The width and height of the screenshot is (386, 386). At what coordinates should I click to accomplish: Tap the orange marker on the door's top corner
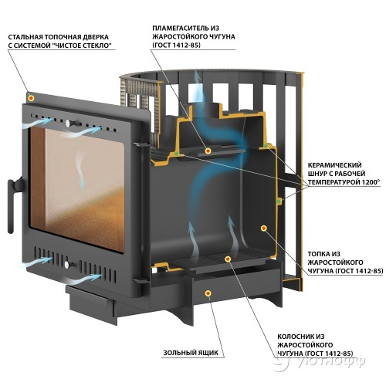click(32, 98)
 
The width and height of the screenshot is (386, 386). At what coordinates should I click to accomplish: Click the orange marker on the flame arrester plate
click(208, 151)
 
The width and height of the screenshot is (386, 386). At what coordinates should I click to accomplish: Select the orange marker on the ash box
click(208, 293)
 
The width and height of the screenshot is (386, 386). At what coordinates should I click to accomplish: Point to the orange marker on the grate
click(228, 259)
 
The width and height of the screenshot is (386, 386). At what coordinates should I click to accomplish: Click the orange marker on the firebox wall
click(264, 229)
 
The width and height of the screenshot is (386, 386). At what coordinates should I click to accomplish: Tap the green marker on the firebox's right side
click(279, 201)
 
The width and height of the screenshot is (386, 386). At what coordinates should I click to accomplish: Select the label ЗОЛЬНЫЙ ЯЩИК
click(191, 353)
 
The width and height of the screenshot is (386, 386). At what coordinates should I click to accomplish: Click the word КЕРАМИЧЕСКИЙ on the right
click(335, 165)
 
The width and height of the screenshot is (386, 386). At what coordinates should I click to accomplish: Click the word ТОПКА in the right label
click(318, 254)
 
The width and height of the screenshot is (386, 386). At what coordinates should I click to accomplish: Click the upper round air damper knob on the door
click(68, 124)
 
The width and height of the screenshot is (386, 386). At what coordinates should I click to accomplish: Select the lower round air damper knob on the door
click(67, 265)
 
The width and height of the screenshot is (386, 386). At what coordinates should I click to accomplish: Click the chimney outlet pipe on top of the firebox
click(207, 111)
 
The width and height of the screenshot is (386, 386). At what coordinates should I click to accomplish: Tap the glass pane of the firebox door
click(76, 188)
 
